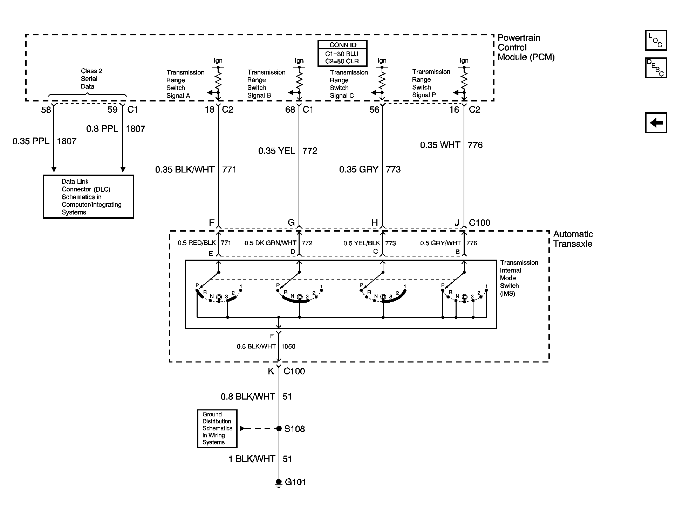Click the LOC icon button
[656, 40]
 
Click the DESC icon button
[656, 68]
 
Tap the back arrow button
[656, 123]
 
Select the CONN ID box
[342, 54]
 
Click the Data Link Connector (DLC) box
[88, 197]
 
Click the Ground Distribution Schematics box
[217, 429]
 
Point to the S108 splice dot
[279, 429]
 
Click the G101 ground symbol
[279, 483]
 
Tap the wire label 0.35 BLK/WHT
[185, 170]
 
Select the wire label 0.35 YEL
[276, 151]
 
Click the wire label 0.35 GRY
[358, 170]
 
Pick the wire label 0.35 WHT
[440, 145]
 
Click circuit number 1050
[288, 346]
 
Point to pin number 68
[290, 110]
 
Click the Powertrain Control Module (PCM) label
[526, 48]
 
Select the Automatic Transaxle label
[573, 239]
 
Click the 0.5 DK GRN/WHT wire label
[270, 243]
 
